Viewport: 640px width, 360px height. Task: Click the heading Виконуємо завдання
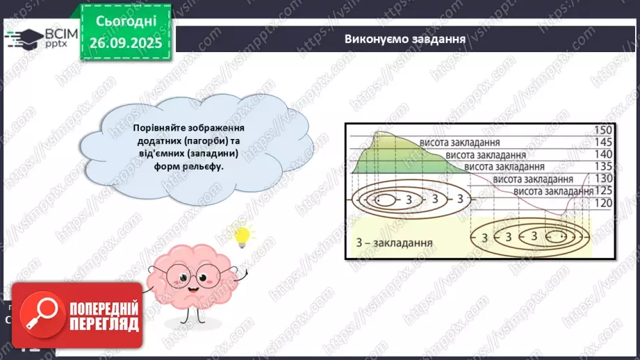[x=404, y=39]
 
